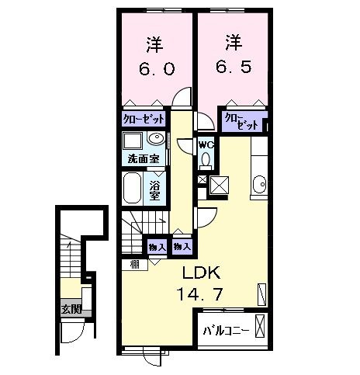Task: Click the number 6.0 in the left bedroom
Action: tap(157, 68)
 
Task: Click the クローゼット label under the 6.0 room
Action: tap(143, 120)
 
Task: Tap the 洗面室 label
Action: tap(144, 160)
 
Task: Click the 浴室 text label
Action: tap(155, 189)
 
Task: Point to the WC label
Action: tap(206, 144)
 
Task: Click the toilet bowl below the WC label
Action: tap(206, 161)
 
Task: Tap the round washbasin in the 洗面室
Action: tap(156, 140)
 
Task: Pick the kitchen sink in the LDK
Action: tap(258, 185)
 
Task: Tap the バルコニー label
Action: tap(226, 331)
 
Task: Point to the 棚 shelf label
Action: tap(134, 264)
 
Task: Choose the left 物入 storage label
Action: tap(157, 246)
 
